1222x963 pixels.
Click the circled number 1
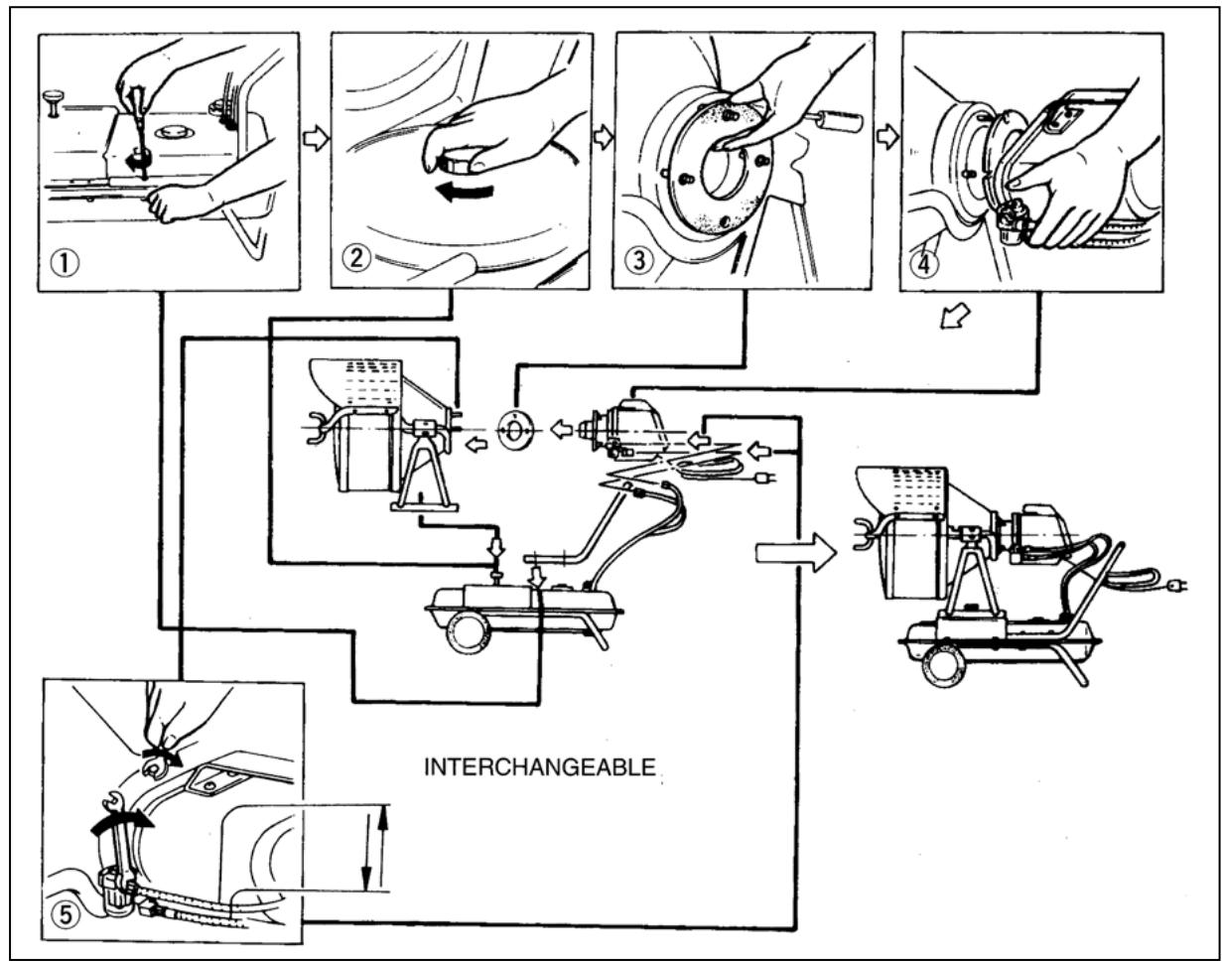(67, 264)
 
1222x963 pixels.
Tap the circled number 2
(358, 258)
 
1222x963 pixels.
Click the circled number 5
(64, 914)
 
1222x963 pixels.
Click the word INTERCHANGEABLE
(540, 768)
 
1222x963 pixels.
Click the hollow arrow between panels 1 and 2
(315, 139)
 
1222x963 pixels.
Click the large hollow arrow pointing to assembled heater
(795, 554)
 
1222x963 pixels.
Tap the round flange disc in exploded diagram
(517, 430)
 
